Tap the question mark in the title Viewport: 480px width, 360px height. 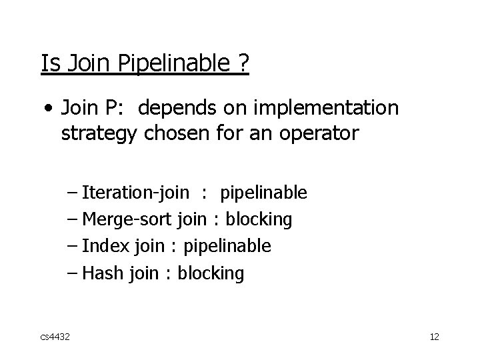(x=243, y=64)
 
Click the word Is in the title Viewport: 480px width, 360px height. (x=49, y=64)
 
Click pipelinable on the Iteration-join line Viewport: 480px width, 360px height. (x=263, y=193)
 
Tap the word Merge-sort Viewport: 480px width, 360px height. (x=127, y=219)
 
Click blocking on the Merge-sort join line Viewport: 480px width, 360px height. (x=259, y=219)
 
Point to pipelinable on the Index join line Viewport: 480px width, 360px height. (x=227, y=247)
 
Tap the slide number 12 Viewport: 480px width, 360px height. (x=434, y=337)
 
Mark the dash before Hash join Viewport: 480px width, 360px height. (x=73, y=273)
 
